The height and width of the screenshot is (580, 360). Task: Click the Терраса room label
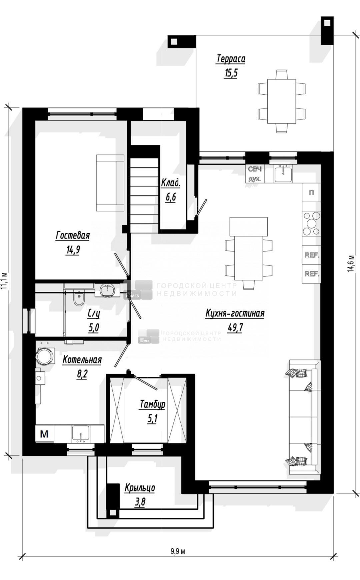pos(231,59)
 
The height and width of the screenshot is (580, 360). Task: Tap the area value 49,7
pos(235,328)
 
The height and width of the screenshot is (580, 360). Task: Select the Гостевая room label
pos(73,235)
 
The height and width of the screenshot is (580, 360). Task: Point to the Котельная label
pos(82,360)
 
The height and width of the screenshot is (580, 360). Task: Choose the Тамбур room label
pos(152,404)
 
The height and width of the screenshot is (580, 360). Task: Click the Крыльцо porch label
pos(140,488)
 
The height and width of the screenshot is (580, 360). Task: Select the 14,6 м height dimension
pos(350,264)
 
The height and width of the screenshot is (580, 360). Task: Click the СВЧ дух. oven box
pos(255,174)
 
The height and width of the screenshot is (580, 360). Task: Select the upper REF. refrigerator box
pos(311,255)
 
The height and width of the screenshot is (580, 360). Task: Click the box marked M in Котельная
pos(44,434)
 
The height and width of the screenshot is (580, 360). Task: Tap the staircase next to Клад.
pos(144,196)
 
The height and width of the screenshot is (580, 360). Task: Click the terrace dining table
pos(282,101)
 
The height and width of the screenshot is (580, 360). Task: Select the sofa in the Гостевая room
pos(110,183)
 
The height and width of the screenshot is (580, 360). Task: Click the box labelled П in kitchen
pos(311,193)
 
